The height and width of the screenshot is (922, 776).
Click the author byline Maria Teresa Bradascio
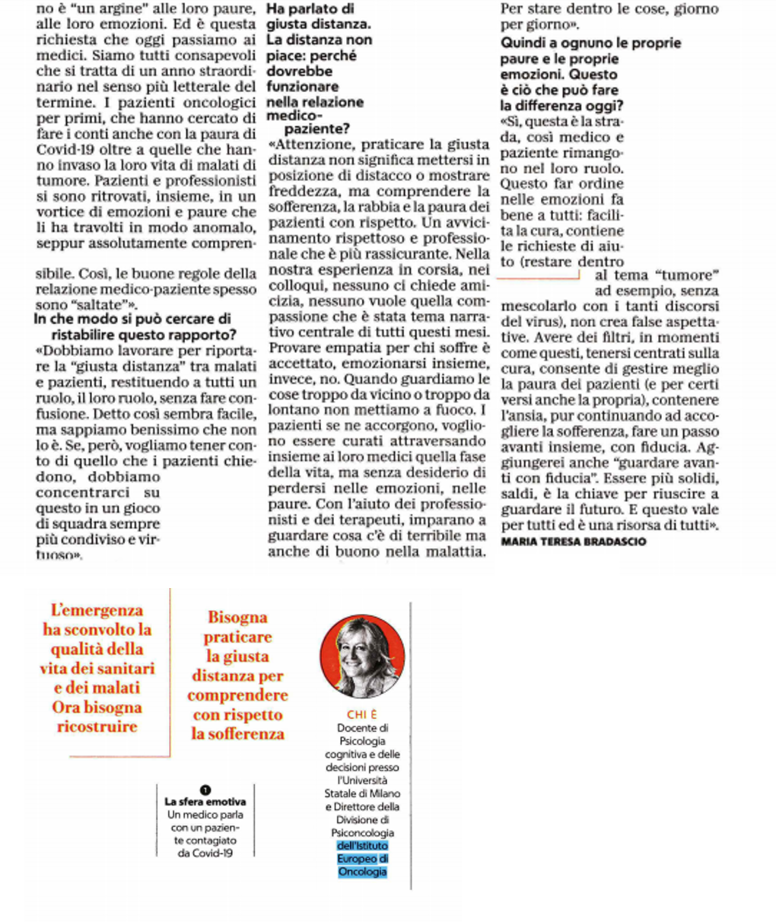574,542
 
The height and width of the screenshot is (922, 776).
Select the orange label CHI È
361,714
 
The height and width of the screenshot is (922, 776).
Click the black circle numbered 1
205,791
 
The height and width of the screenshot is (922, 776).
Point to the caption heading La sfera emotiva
205,802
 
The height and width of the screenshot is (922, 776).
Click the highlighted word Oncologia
362,872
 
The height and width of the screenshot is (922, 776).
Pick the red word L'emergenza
97,610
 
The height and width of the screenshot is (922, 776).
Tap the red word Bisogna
237,617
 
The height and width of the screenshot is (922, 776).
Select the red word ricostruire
97,726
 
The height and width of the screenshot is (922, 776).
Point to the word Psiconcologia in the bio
362,833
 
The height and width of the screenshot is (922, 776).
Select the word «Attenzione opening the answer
313,145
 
